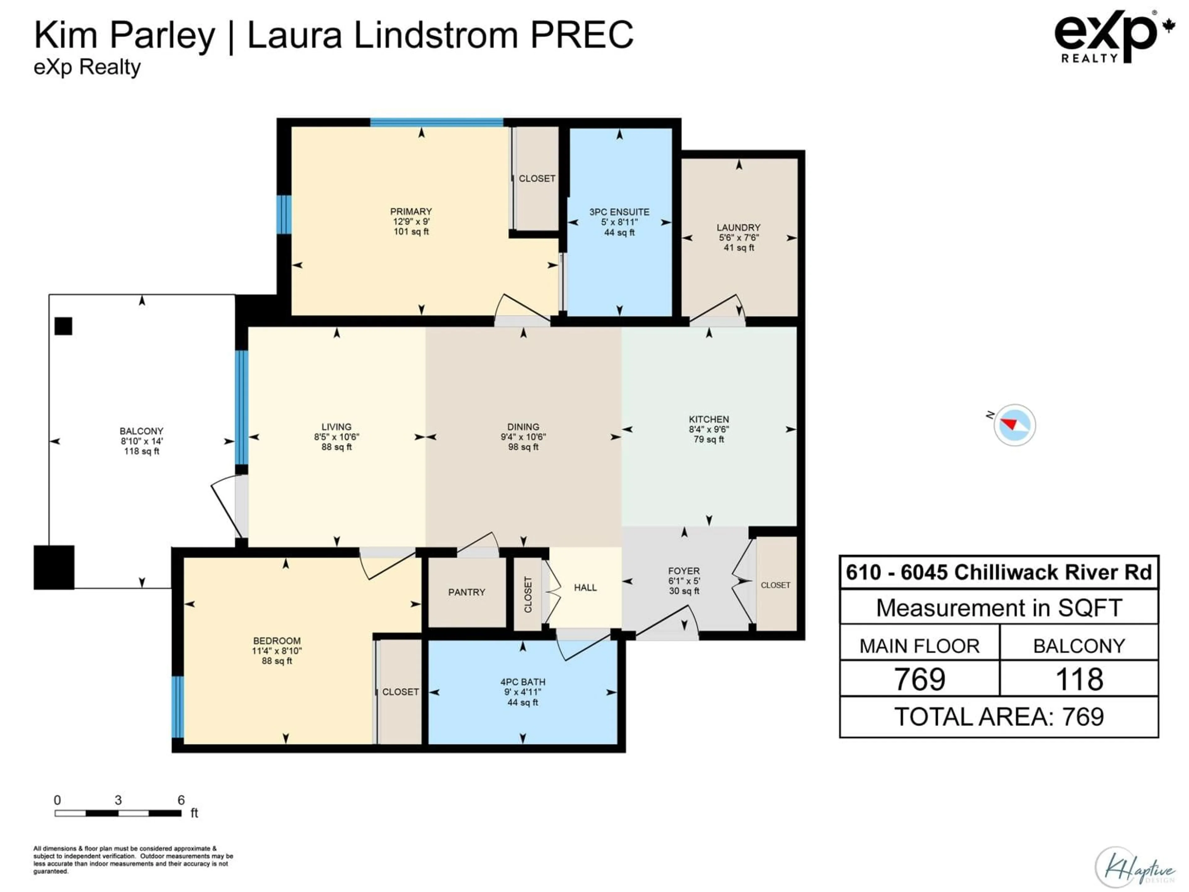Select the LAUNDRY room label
[738, 227]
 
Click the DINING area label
[523, 427]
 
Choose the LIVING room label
[337, 427]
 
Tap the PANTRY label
[467, 592]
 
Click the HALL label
[585, 588]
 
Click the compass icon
[1014, 425]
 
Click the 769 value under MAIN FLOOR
[919, 679]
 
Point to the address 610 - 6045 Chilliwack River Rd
[999, 572]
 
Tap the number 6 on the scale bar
[181, 800]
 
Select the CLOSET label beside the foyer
[775, 585]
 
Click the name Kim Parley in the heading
[125, 36]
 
